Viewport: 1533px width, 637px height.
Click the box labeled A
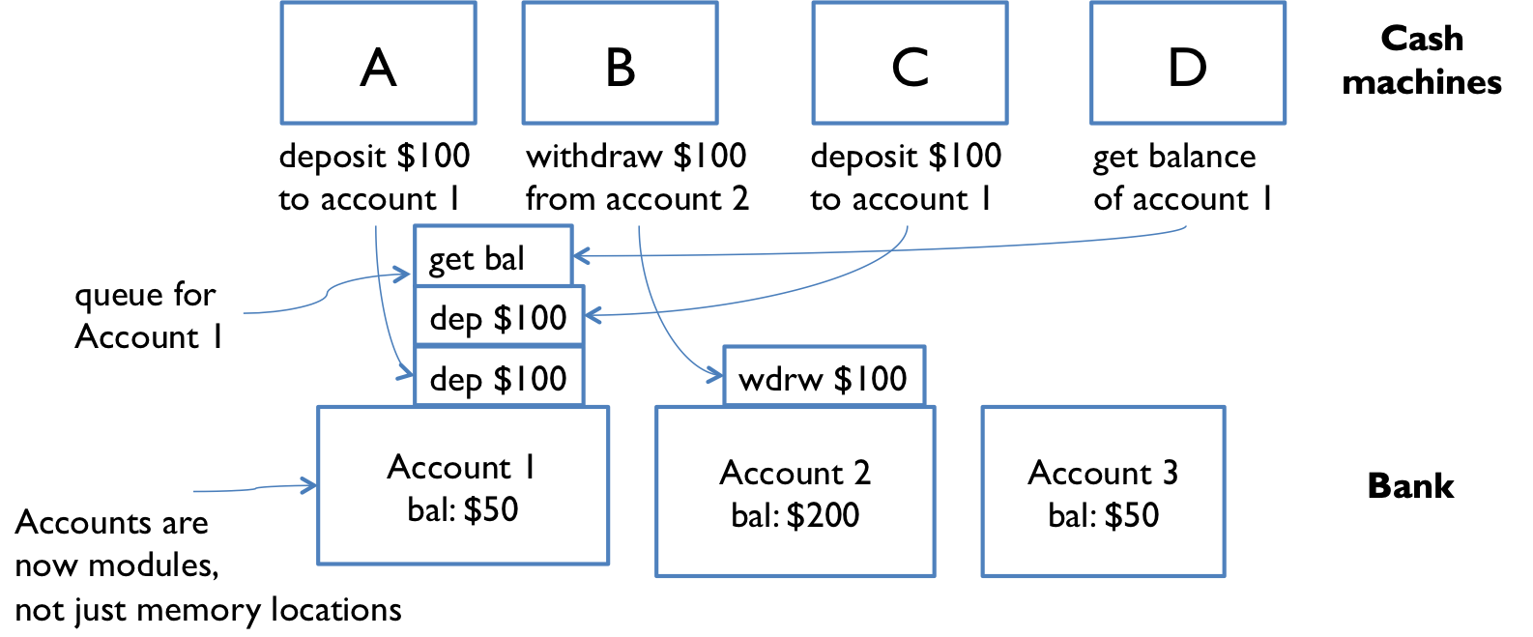point(378,64)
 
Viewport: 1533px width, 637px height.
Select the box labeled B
point(620,64)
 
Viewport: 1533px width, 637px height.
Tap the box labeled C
point(910,64)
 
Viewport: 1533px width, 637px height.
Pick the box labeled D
point(1188,64)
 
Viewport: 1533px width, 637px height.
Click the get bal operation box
point(493,256)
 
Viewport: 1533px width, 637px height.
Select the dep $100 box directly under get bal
point(499,316)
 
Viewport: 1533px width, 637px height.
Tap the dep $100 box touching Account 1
point(499,377)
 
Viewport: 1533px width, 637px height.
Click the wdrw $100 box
point(824,377)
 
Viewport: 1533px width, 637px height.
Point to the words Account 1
point(462,467)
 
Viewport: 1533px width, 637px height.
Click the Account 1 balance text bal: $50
point(463,509)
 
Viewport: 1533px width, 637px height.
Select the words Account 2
point(795,473)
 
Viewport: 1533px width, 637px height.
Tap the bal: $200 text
point(795,515)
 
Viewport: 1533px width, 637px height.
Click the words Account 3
point(1103,473)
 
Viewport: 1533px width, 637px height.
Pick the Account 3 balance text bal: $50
point(1103,515)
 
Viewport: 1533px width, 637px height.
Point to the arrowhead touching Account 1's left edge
point(310,485)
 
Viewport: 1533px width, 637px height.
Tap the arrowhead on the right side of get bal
point(581,256)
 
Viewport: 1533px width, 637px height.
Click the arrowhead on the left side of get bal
point(405,275)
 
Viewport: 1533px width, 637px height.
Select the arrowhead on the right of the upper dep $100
point(593,315)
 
